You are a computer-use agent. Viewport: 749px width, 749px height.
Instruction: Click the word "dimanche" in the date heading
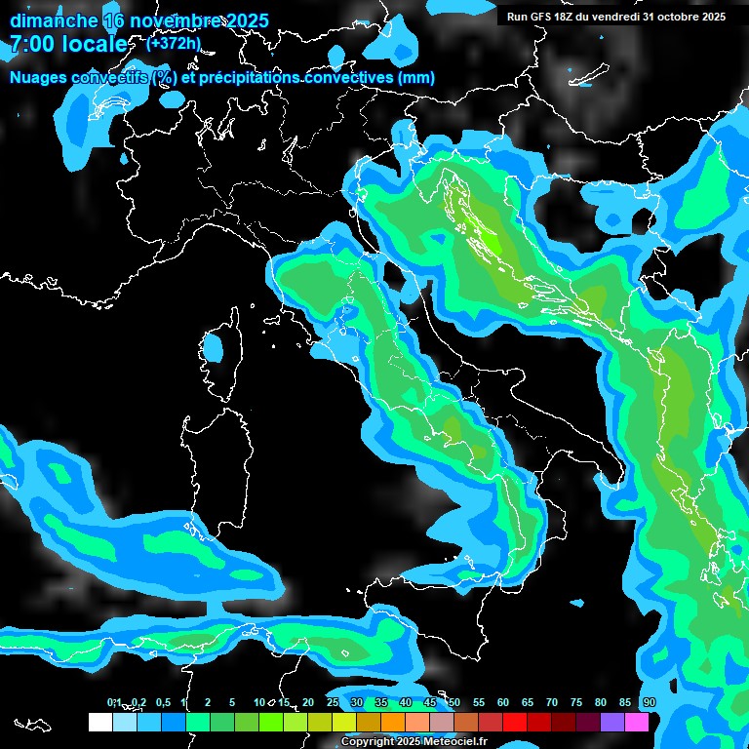click(53, 20)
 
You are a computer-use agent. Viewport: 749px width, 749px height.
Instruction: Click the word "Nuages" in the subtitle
click(39, 78)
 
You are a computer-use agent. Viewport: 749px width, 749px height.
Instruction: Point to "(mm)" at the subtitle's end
click(414, 78)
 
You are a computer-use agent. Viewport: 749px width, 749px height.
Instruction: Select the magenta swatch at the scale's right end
click(637, 722)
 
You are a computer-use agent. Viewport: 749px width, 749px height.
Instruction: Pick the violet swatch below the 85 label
click(612, 722)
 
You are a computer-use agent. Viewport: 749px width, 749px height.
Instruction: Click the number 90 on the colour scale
click(649, 702)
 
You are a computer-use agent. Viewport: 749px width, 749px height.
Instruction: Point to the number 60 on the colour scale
click(502, 702)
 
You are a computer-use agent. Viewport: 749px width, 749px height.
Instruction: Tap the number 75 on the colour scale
click(575, 702)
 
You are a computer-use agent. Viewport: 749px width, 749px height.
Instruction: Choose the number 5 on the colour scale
click(232, 702)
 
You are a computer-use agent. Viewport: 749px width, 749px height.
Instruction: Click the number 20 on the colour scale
click(307, 702)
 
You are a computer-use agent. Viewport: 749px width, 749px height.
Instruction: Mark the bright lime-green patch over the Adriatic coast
click(493, 244)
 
